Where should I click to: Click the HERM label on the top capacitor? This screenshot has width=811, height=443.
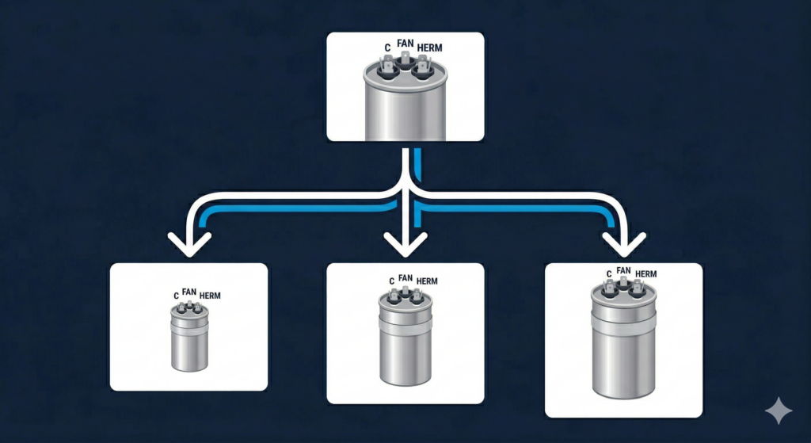[429, 48]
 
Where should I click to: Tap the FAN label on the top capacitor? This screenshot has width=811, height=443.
[405, 44]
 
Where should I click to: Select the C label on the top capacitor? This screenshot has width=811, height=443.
[387, 48]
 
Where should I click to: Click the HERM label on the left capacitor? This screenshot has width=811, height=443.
[210, 296]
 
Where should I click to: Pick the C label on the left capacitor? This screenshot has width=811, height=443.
[176, 296]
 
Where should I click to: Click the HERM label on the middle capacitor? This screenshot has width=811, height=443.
[427, 281]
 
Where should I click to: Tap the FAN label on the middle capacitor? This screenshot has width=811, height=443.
[405, 277]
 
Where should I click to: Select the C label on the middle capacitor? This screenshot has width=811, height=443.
[391, 281]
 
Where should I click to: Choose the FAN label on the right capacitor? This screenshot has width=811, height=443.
[623, 270]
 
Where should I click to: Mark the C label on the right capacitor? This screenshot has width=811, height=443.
[608, 274]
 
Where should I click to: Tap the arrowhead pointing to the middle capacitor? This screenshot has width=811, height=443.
[405, 243]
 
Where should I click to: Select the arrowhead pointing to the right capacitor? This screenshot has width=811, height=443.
[624, 243]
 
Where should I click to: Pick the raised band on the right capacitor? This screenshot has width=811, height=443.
[624, 319]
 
